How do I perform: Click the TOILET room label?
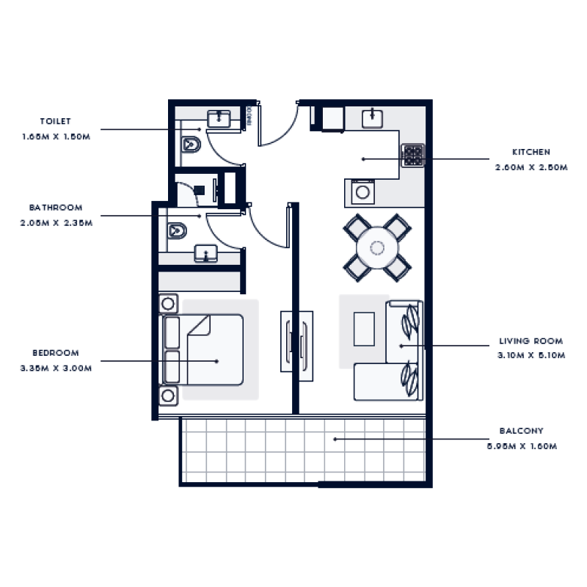(56, 122)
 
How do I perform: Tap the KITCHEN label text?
(531, 153)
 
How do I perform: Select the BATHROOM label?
(56, 208)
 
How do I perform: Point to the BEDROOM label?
(56, 353)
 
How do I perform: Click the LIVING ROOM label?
(531, 341)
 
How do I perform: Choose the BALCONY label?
(521, 431)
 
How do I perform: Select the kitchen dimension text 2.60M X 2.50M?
(531, 167)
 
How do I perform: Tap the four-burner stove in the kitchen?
(413, 155)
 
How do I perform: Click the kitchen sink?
(373, 116)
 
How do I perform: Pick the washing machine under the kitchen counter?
(362, 193)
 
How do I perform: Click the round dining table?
(377, 247)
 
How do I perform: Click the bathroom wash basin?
(207, 254)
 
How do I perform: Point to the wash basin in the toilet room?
(219, 117)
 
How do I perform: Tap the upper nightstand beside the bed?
(168, 303)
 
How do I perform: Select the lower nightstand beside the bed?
(168, 396)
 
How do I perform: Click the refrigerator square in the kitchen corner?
(332, 117)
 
